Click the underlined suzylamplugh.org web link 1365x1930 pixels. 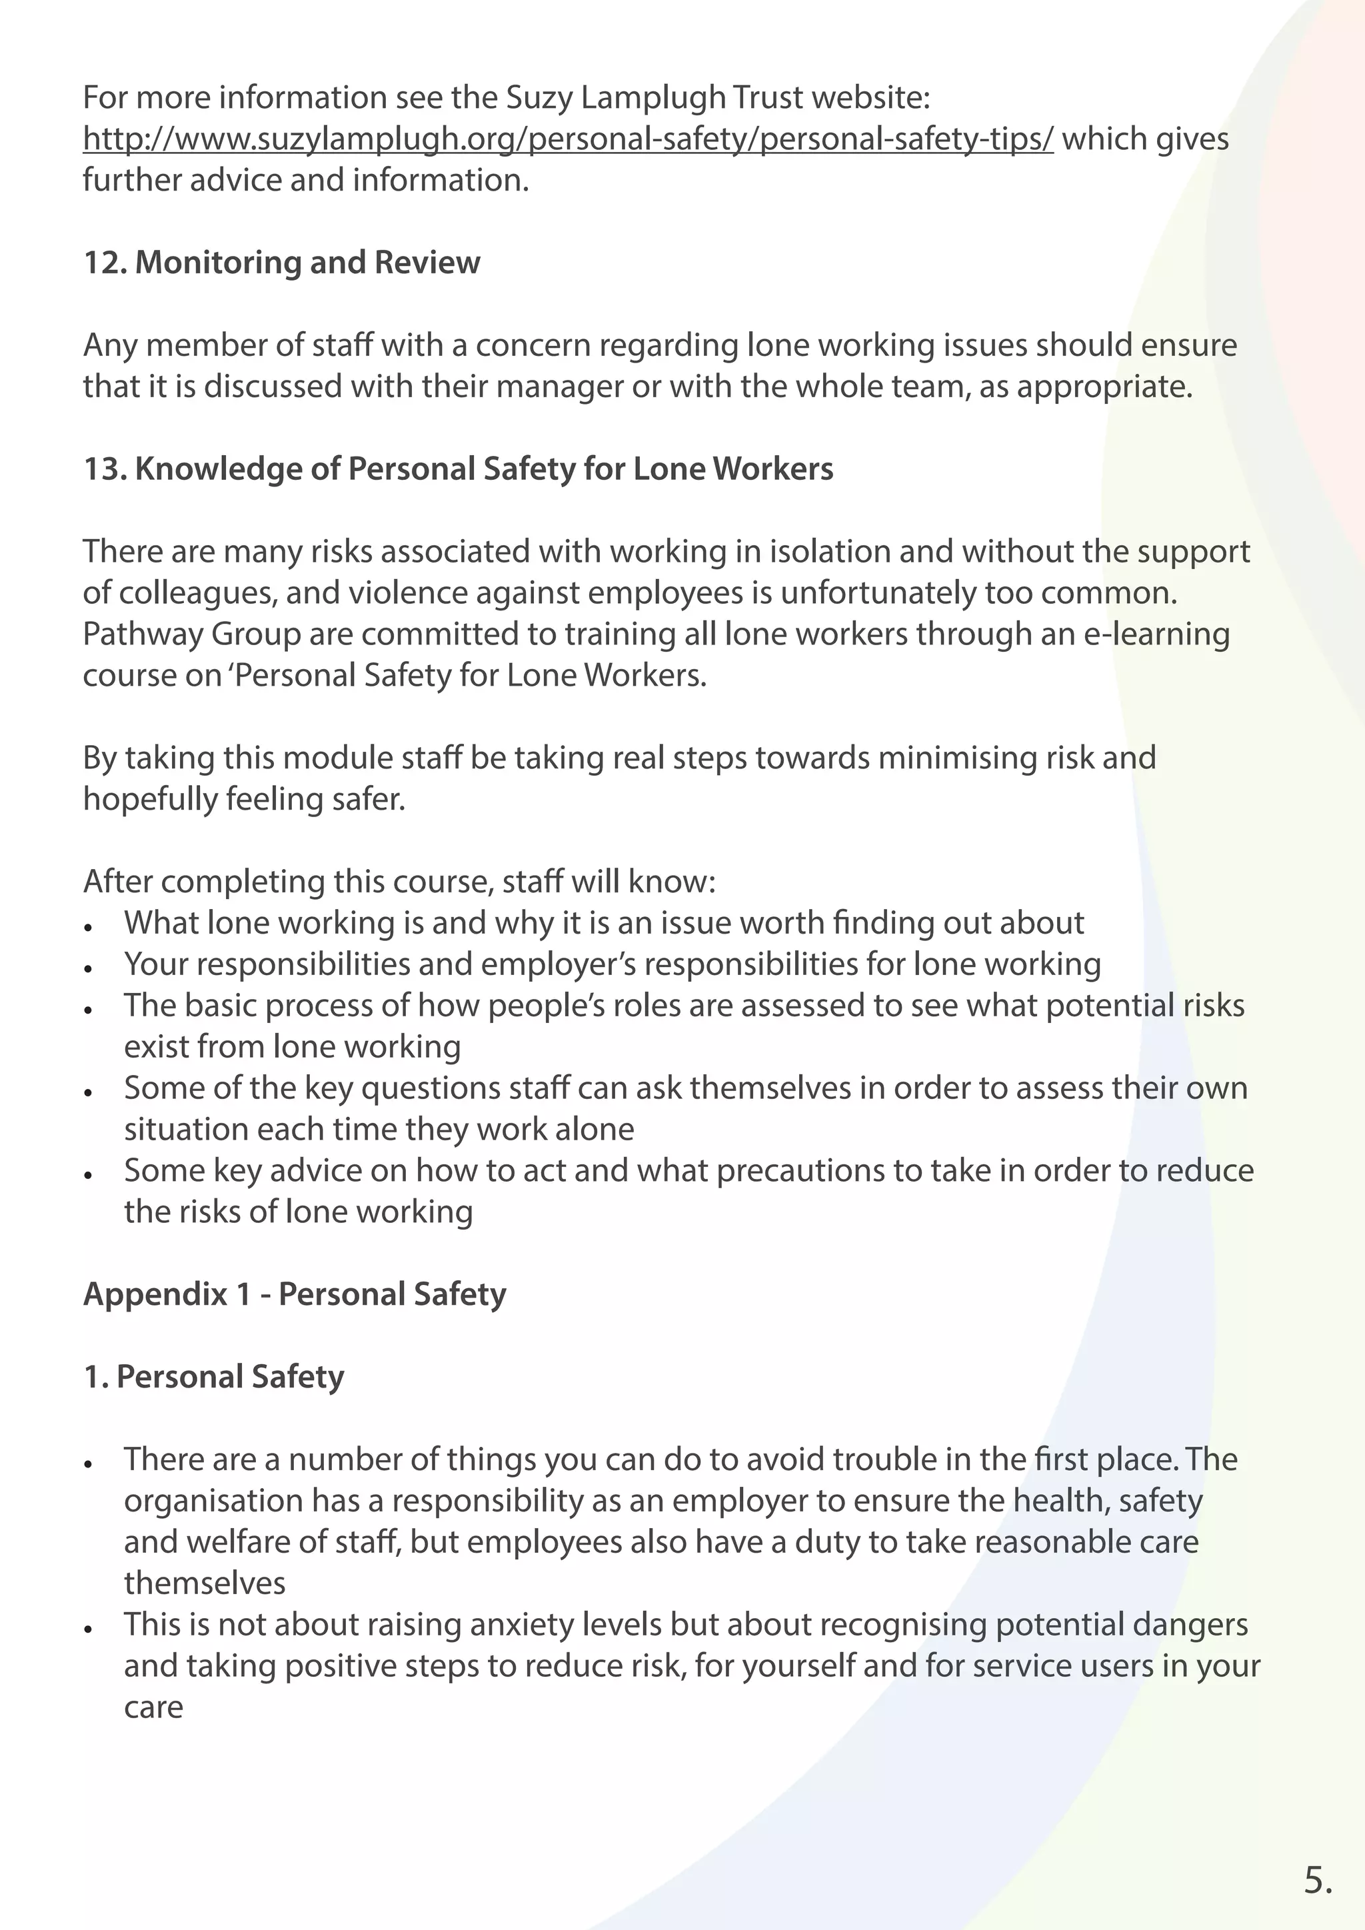567,139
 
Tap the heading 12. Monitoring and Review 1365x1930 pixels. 281,263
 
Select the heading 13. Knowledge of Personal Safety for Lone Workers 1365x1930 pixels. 458,469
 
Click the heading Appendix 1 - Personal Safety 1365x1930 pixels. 294,1294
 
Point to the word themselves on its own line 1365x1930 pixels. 204,1583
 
